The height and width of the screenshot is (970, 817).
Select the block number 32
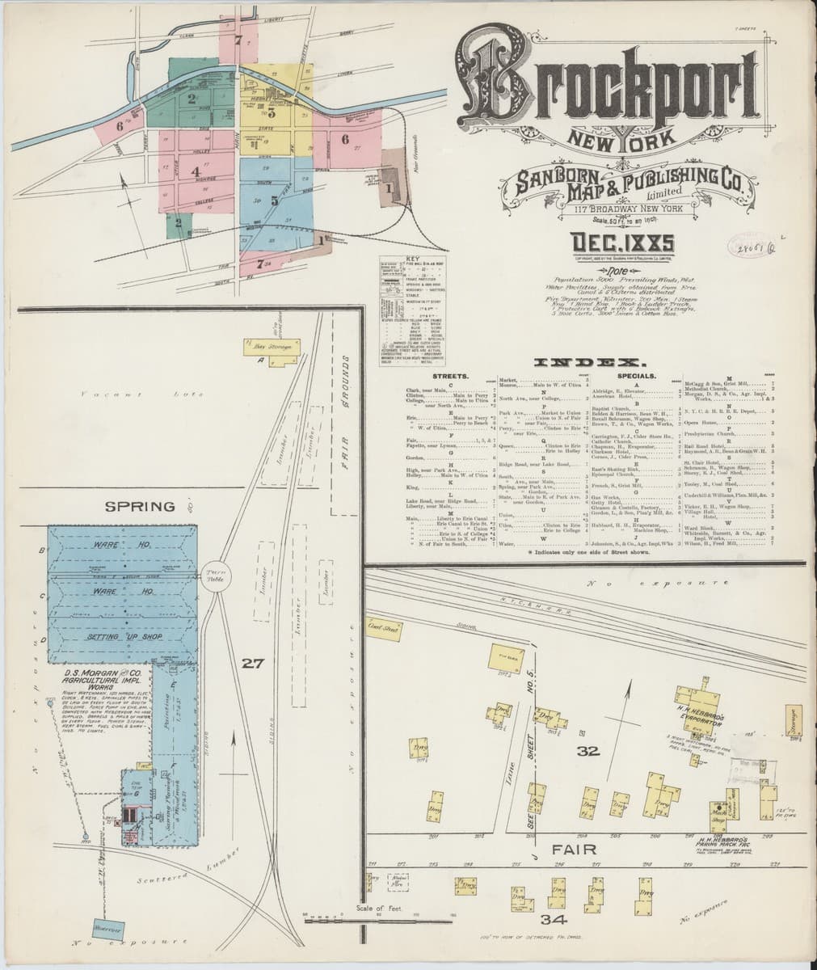click(x=587, y=751)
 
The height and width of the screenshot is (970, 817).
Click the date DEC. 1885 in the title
click(x=623, y=242)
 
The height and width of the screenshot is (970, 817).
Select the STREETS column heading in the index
click(x=451, y=377)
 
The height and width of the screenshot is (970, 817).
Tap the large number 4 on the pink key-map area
click(x=195, y=171)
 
